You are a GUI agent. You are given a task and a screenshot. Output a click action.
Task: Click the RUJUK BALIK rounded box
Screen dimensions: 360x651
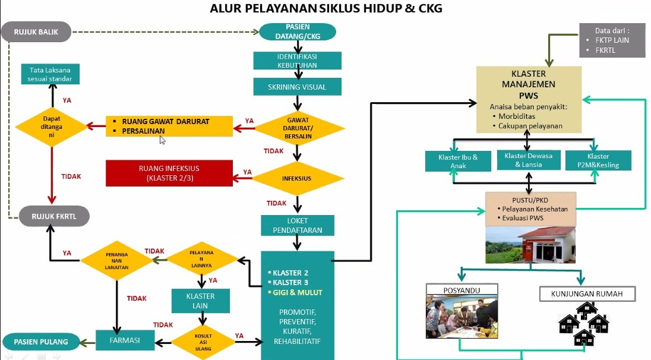[x=36, y=32]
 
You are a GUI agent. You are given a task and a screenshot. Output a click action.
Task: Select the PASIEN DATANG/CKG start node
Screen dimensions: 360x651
[x=297, y=32]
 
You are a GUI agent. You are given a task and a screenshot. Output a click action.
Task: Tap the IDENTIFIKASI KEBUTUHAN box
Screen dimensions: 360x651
[x=297, y=61]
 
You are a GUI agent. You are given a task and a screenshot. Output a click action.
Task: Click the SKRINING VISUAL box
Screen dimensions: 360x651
[x=297, y=87]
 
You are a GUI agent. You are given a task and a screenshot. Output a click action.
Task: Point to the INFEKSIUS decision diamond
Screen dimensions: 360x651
[x=297, y=178]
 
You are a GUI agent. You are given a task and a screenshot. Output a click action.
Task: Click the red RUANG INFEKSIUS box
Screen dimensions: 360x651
[x=169, y=173]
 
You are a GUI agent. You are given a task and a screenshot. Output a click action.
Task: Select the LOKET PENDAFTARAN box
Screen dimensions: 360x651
[x=297, y=225]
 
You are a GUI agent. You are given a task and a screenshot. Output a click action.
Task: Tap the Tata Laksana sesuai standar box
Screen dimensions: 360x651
[x=50, y=74]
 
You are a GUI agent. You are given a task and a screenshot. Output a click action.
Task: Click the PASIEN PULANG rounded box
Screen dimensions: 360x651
[x=41, y=342]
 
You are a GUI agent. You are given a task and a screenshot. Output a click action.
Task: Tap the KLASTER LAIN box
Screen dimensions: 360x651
[x=200, y=301]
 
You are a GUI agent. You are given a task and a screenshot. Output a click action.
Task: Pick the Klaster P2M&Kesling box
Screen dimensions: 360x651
[x=598, y=160]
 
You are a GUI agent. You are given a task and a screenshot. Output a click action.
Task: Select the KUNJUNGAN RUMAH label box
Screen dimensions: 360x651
[x=587, y=293]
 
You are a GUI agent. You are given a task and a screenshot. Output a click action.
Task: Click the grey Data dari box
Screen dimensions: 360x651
[x=612, y=40]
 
